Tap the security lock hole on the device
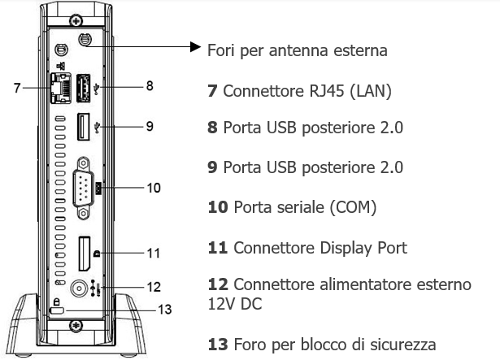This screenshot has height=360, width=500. coord(55,311)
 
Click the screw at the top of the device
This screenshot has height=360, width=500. coord(76,19)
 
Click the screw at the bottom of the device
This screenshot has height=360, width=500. coord(76,328)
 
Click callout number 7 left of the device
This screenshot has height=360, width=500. coord(17,85)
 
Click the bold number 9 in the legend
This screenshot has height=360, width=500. coord(213,167)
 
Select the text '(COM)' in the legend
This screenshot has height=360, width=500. coord(350,207)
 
